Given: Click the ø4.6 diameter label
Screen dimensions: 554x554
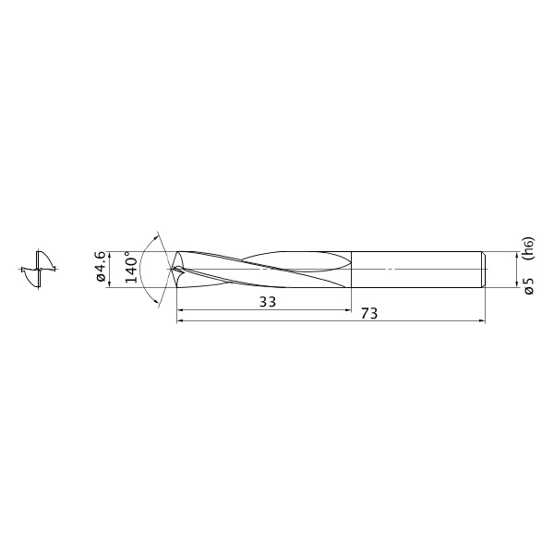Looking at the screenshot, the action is tap(101, 267).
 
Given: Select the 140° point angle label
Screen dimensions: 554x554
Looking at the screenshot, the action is tap(131, 267).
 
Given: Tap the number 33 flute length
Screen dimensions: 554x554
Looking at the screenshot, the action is tap(268, 302).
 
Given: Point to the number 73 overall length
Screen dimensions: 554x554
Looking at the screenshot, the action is tap(369, 313).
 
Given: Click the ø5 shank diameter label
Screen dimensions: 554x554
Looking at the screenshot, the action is tap(529, 286).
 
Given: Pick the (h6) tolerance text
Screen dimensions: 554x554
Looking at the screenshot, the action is tap(530, 248).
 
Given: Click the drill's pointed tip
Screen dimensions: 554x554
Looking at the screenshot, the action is tap(172, 270).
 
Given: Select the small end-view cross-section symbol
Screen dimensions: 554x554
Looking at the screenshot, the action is tap(39, 270).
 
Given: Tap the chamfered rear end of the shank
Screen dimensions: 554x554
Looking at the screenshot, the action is tap(484, 270).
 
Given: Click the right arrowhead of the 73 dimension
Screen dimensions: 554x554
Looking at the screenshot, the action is tap(482, 320).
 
